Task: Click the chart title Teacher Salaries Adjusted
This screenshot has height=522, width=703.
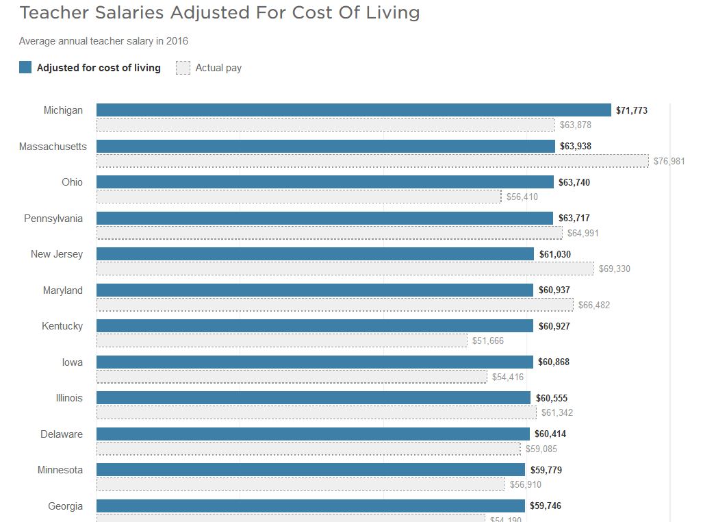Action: click(219, 12)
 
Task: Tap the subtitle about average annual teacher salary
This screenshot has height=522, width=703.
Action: click(103, 41)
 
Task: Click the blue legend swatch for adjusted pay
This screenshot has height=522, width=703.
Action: click(25, 67)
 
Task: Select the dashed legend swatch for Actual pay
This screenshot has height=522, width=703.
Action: click(183, 68)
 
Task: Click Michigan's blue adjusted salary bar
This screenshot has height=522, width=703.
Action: click(353, 110)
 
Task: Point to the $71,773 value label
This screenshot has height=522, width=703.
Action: click(632, 110)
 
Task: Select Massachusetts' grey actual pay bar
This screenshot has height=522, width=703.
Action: click(372, 161)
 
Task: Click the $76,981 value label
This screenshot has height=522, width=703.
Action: click(669, 161)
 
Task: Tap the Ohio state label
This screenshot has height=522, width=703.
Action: click(72, 182)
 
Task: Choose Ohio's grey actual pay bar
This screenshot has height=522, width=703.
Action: click(298, 197)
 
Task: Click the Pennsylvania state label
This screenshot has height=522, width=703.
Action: click(53, 219)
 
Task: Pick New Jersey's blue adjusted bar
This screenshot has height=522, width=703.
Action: click(315, 254)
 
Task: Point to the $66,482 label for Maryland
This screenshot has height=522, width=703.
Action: click(593, 305)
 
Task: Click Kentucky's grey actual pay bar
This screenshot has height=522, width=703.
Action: click(282, 340)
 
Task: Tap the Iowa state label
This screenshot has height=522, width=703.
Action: click(72, 362)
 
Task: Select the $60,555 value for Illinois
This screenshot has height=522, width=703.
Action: click(551, 398)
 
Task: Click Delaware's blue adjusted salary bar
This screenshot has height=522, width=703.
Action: click(313, 434)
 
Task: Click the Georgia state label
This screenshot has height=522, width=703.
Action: click(65, 506)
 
